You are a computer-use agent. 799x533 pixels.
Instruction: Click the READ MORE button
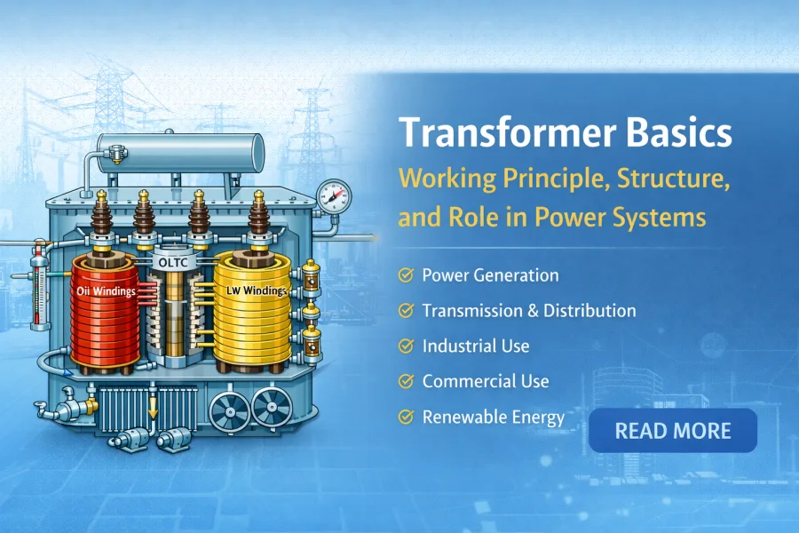pyautogui.click(x=672, y=431)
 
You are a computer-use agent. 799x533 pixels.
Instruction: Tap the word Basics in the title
pyautogui.click(x=678, y=133)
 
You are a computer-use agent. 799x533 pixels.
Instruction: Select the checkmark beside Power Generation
pyautogui.click(x=407, y=275)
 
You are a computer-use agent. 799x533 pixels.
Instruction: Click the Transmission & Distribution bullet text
pyautogui.click(x=529, y=311)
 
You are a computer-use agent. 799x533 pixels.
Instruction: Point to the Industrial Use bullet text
pyautogui.click(x=476, y=346)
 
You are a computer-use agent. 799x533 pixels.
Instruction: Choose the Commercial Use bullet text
pyautogui.click(x=486, y=381)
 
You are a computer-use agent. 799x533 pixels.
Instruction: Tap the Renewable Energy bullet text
pyautogui.click(x=494, y=417)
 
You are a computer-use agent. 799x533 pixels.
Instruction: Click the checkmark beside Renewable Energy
pyautogui.click(x=407, y=417)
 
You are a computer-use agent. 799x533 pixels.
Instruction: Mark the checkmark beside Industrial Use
pyautogui.click(x=407, y=346)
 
